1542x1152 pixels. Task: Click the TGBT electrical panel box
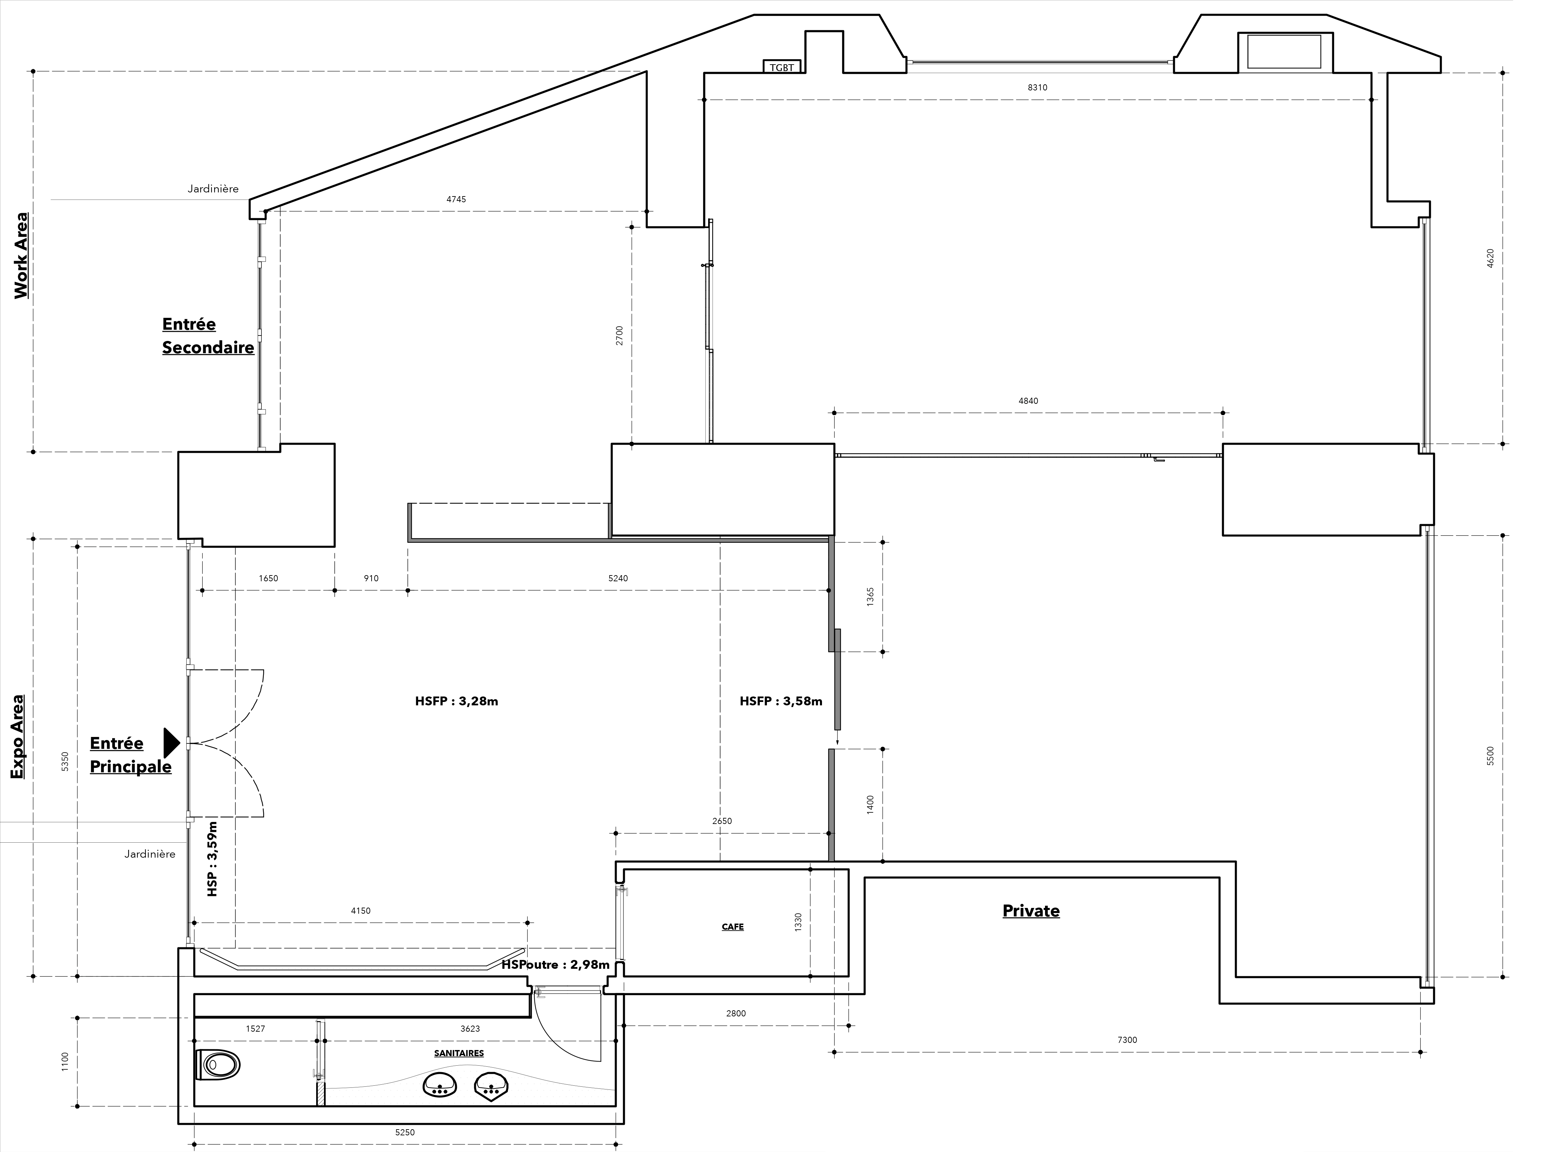point(782,66)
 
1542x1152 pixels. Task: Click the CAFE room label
point(733,927)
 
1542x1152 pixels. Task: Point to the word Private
point(1031,911)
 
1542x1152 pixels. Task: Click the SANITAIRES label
point(459,1053)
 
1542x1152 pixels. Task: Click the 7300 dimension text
point(1127,1040)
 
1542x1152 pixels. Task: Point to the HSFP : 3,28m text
point(457,701)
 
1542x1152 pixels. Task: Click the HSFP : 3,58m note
point(781,701)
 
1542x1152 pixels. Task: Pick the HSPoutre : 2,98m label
point(555,965)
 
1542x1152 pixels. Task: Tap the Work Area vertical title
point(22,256)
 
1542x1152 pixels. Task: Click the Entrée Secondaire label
point(208,336)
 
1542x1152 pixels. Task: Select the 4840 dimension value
point(1028,401)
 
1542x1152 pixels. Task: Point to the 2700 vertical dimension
point(619,336)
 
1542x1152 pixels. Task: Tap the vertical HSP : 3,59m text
point(212,859)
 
